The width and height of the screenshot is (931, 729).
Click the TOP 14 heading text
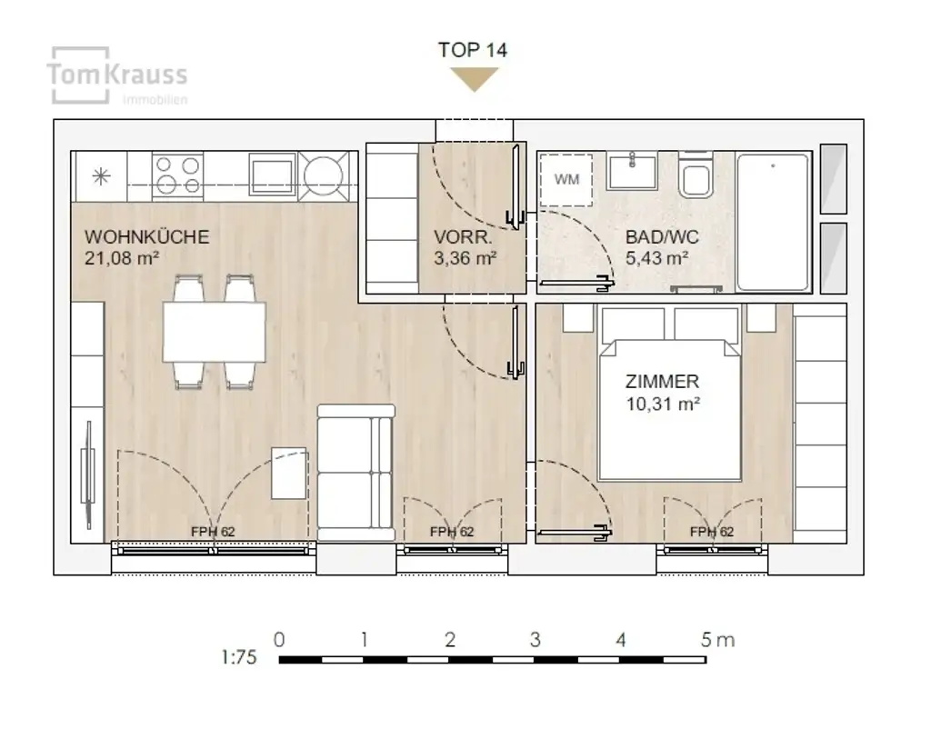[x=473, y=50]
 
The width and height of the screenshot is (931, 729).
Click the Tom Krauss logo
[x=117, y=76]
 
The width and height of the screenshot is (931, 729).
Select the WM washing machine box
[x=566, y=180]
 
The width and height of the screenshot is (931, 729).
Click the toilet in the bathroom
[x=696, y=175]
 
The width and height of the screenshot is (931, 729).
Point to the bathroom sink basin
[x=633, y=171]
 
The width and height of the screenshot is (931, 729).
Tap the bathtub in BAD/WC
[x=773, y=222]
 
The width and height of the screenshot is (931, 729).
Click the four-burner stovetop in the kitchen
[x=177, y=175]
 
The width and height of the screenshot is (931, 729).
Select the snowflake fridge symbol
[x=101, y=175]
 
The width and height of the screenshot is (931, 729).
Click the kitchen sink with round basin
[x=323, y=175]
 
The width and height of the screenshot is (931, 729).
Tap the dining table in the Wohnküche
[x=215, y=332]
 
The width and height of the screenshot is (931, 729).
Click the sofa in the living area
[x=355, y=473]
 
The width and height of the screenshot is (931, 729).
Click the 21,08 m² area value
[x=122, y=258]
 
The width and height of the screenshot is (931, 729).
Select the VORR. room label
[x=463, y=237]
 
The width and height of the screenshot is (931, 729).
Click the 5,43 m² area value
[x=656, y=258]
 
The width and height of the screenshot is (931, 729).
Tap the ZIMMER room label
[x=662, y=382]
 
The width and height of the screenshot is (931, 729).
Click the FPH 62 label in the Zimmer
[x=711, y=532]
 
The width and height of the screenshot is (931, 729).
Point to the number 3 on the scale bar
[x=535, y=640]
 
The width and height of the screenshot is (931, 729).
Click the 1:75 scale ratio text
[x=239, y=657]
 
